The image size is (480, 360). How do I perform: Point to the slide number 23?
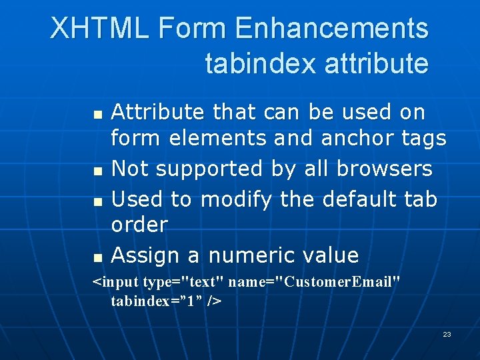(x=447, y=334)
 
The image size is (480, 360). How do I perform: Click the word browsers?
(x=385, y=169)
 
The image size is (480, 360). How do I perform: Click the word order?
(x=139, y=225)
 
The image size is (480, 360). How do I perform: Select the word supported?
(x=212, y=170)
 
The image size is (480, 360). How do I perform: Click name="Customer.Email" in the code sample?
(x=315, y=283)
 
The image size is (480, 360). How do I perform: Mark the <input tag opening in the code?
(x=115, y=283)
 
